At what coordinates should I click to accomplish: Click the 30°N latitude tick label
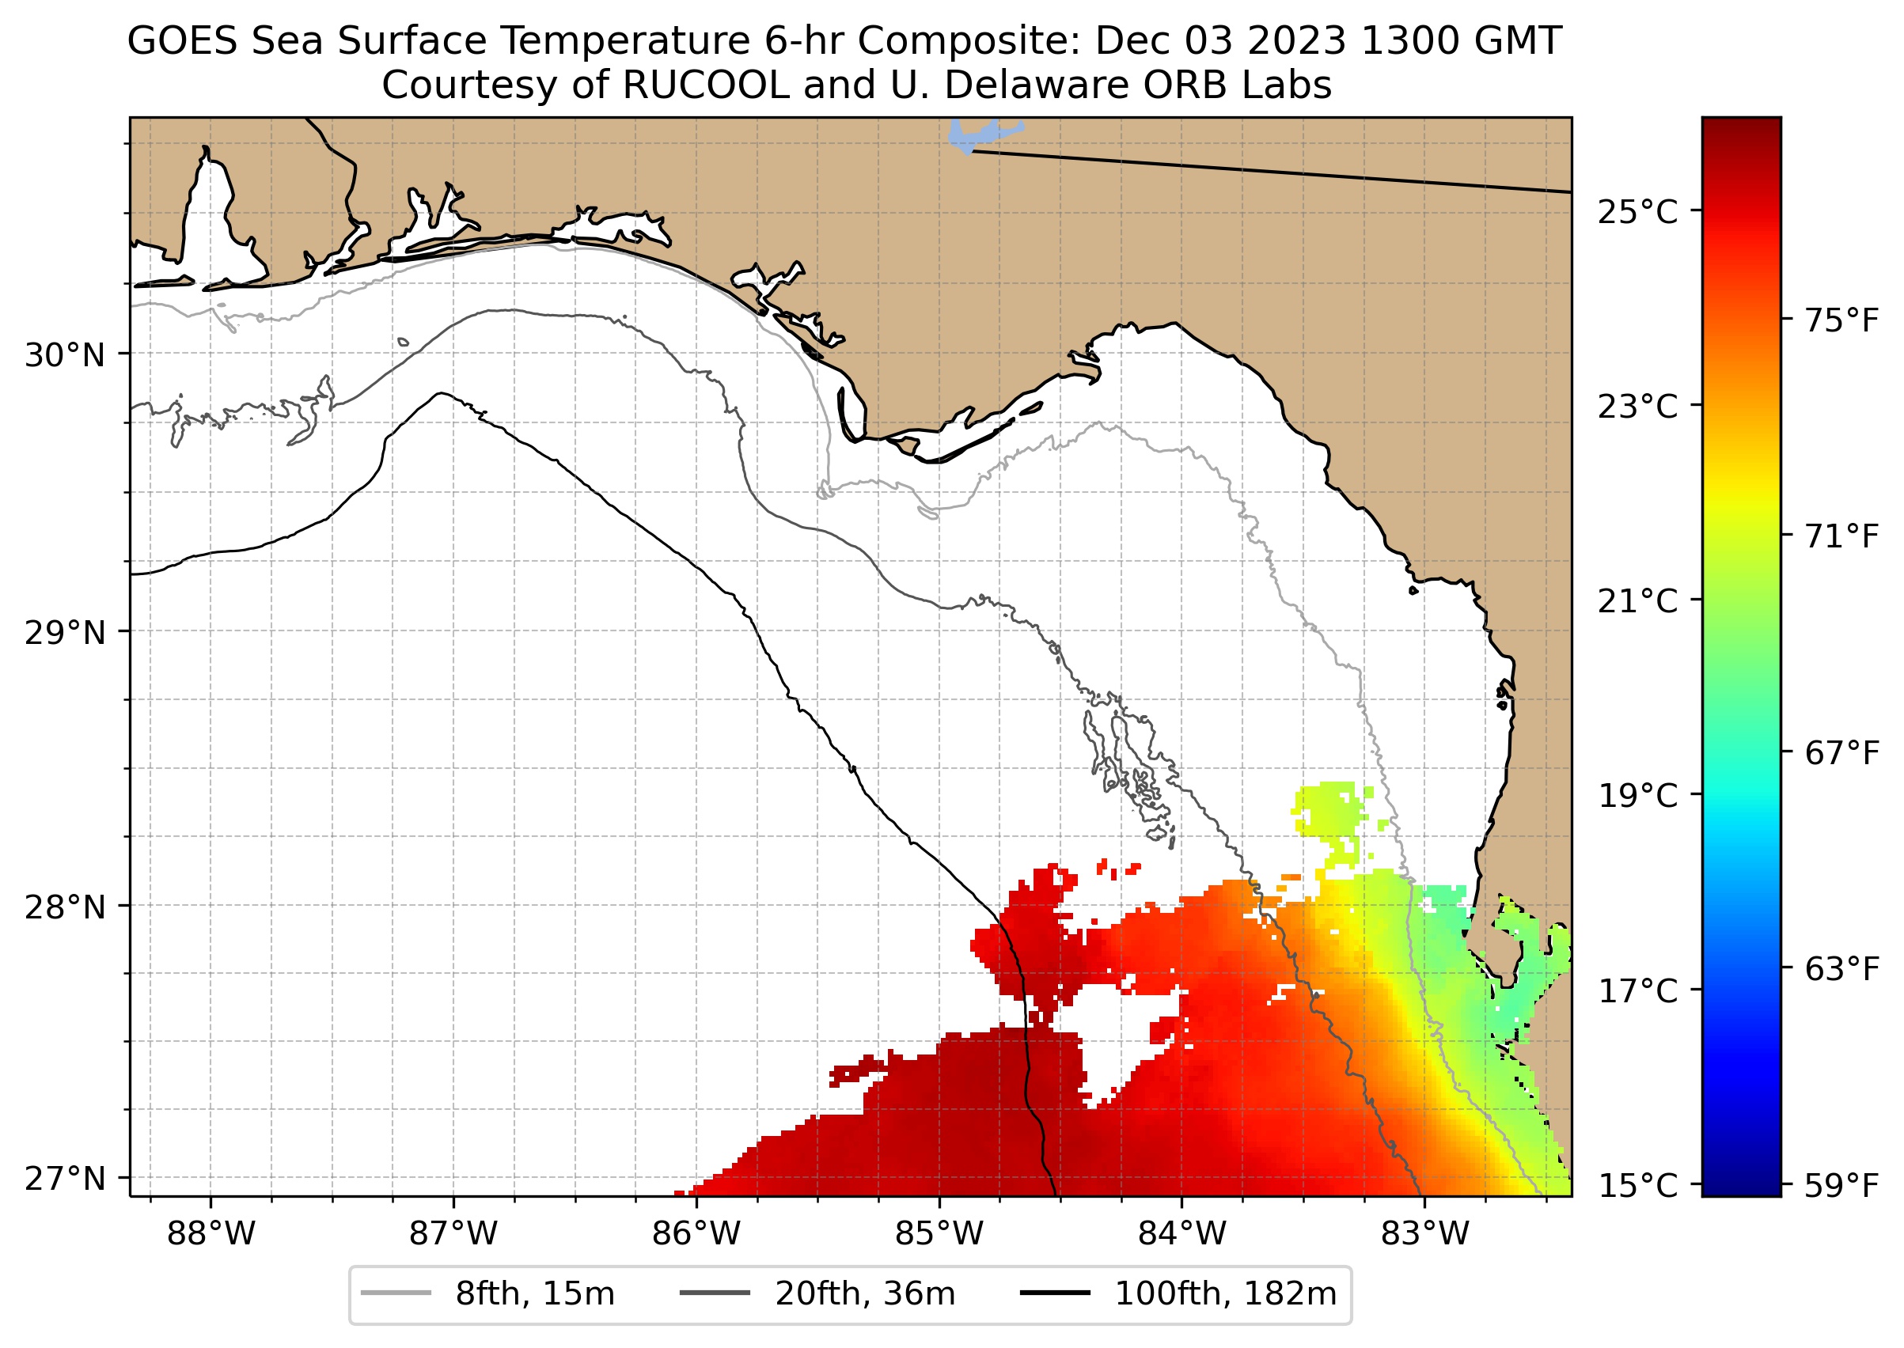tap(65, 356)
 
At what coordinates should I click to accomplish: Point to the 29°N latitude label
tap(65, 634)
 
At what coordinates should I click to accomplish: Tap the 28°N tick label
tap(65, 908)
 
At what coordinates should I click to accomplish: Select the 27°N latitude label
tap(65, 1179)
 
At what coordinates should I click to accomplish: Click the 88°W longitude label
tap(211, 1234)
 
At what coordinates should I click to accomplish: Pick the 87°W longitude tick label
tap(453, 1234)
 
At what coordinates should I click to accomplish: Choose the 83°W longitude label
tap(1425, 1234)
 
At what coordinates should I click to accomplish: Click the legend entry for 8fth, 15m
tap(535, 1294)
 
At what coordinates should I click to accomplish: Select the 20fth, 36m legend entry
tap(865, 1294)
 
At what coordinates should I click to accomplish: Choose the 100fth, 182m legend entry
tap(1225, 1294)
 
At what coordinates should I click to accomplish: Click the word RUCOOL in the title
tap(705, 85)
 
